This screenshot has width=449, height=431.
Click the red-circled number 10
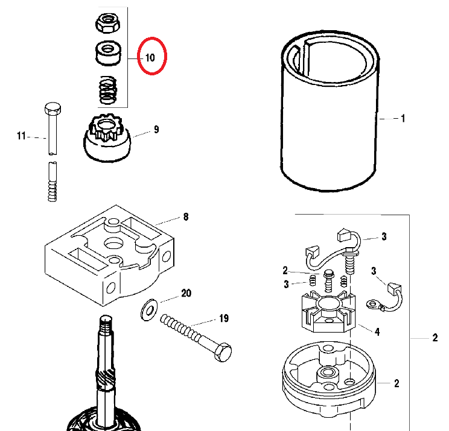click(x=150, y=58)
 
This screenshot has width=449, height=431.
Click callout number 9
click(x=156, y=129)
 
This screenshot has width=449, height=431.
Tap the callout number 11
click(x=22, y=137)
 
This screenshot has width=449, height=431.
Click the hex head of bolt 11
click(x=52, y=109)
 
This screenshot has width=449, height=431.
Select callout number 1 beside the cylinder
click(x=403, y=119)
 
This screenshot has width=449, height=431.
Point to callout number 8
click(x=186, y=217)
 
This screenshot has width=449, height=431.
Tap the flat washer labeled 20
click(x=147, y=310)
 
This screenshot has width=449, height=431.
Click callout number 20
click(x=186, y=294)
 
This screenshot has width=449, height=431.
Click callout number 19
click(x=224, y=318)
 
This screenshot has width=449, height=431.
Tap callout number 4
click(x=377, y=331)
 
